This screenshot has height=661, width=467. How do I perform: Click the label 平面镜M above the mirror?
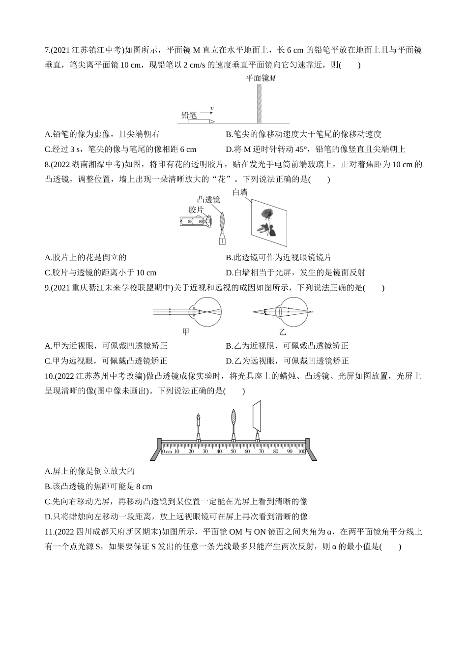[261, 78]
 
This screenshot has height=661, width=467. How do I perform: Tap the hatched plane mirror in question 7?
[259, 103]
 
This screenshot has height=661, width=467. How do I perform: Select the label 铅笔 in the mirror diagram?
[189, 116]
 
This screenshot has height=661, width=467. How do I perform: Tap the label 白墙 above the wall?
[240, 192]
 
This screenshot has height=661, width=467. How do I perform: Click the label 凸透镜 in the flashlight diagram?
[208, 200]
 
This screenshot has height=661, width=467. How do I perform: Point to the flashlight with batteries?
[195, 222]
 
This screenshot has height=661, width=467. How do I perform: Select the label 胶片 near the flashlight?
[197, 210]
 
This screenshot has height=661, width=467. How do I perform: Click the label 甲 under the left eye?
[186, 332]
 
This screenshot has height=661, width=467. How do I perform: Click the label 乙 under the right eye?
[283, 332]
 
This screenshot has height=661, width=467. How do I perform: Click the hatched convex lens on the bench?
[233, 418]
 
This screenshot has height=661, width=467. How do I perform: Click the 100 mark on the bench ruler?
[301, 451]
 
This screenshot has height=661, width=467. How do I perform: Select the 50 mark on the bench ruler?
[233, 451]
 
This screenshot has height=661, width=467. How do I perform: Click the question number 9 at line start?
[47, 288]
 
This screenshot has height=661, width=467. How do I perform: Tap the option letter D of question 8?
[229, 272]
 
